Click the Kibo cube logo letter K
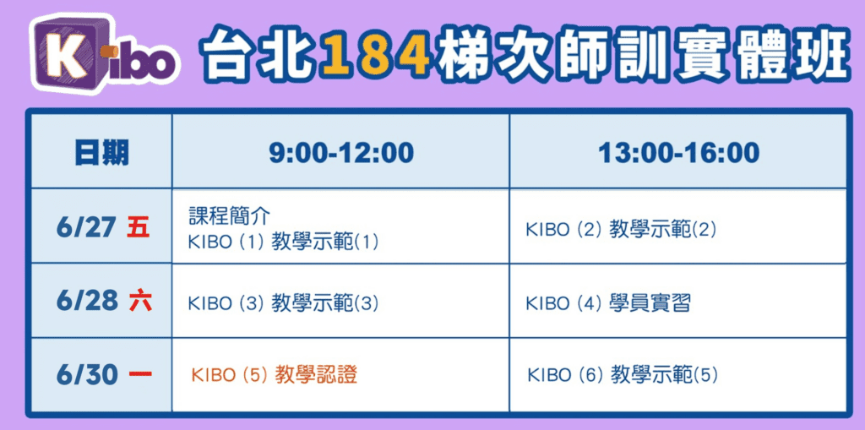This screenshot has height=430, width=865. click(x=66, y=57)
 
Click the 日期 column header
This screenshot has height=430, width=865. click(x=101, y=153)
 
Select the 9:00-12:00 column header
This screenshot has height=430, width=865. click(x=341, y=153)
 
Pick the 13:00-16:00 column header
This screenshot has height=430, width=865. click(x=678, y=153)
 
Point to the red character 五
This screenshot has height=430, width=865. click(x=138, y=227)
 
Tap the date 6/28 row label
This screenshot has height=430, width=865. click(x=87, y=302)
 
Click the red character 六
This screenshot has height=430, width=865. click(x=140, y=302)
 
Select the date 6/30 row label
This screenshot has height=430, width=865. click(x=87, y=375)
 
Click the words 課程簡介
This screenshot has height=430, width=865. click(x=229, y=216)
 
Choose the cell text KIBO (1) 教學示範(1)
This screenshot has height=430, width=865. click(x=284, y=242)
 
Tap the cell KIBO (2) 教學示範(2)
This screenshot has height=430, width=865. click(x=621, y=230)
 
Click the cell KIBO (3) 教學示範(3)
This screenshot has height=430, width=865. click(x=284, y=303)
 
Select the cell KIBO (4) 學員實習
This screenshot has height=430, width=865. click(x=608, y=303)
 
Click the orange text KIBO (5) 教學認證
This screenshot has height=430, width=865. click(x=275, y=375)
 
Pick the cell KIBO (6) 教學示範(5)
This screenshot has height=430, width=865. click(x=623, y=375)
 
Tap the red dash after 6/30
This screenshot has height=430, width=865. click(x=140, y=375)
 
